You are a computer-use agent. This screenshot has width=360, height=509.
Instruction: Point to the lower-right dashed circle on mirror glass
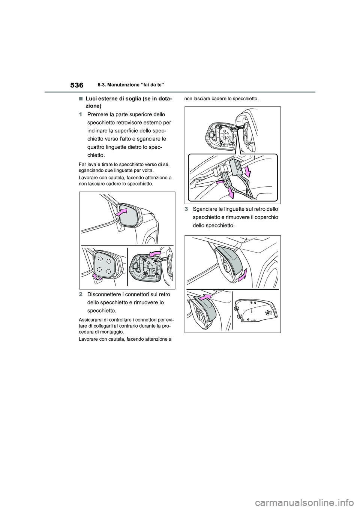[x=109, y=271]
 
